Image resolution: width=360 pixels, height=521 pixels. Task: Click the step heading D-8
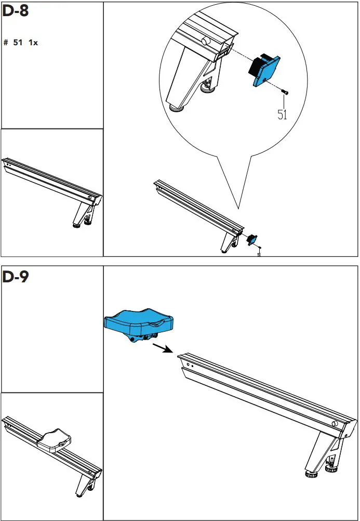coord(15,12)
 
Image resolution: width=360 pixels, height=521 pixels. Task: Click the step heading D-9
coord(16,277)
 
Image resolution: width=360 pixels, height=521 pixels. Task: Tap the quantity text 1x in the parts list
coord(33,43)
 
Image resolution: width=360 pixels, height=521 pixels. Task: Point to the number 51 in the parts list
coord(18,43)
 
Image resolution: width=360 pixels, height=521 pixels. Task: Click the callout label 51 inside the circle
coord(282,115)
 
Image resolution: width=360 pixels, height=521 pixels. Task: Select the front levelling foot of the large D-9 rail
coord(311,474)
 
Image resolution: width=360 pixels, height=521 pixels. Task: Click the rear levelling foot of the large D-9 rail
coord(330,468)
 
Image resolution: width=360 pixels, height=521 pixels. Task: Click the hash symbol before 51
coord(6,43)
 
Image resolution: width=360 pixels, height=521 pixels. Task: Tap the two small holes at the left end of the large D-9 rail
coord(190,366)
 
